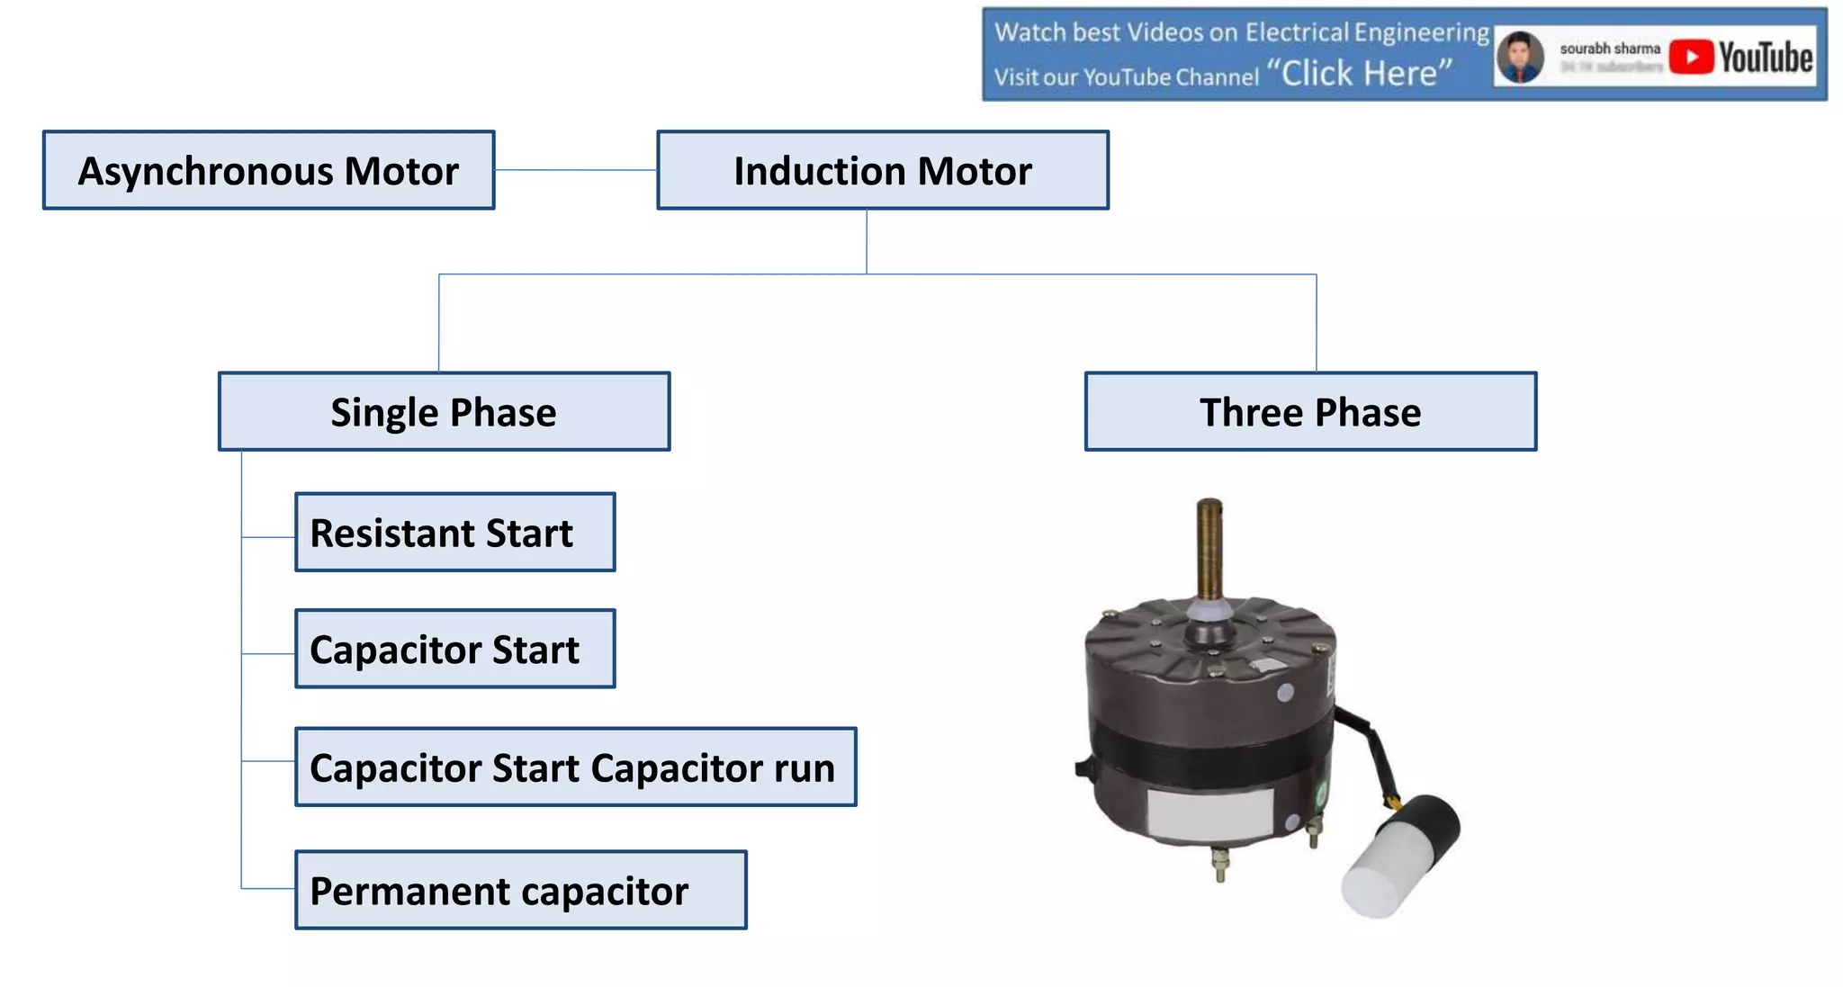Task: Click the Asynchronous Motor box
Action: [x=268, y=171]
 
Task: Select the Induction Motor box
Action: [x=882, y=171]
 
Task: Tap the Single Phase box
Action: [x=444, y=412]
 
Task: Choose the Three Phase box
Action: [x=1310, y=412]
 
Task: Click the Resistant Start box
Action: [x=454, y=533]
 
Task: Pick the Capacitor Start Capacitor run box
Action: [x=575, y=767]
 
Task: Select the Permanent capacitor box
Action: [x=520, y=891]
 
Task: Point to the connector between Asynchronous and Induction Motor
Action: [x=576, y=170]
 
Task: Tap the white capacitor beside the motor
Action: [x=1377, y=877]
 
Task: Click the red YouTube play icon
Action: [x=1691, y=58]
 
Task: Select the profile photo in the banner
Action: [x=1520, y=58]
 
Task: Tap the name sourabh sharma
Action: [x=1609, y=49]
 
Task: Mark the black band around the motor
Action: [x=1206, y=747]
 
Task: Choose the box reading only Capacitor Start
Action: [x=454, y=650]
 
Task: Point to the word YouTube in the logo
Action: [x=1766, y=58]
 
